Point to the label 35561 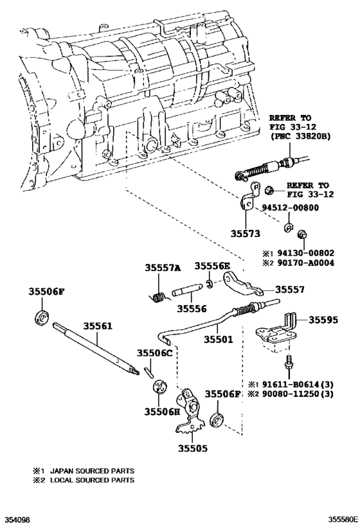[95, 327]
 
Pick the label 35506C [154, 353]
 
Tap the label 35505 [193, 449]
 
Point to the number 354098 [17, 517]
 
